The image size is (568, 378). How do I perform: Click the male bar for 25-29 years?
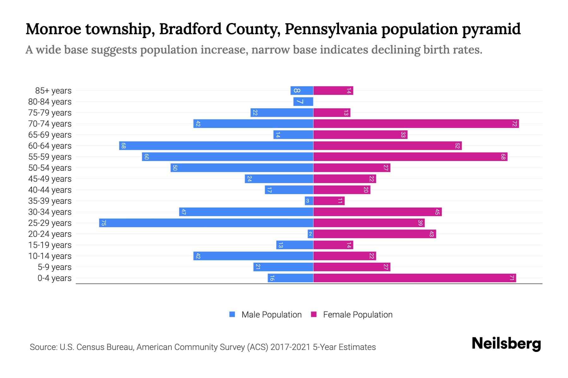[x=206, y=223]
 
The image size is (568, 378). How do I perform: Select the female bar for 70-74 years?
[x=416, y=124]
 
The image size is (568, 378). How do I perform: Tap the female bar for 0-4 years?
[x=414, y=278]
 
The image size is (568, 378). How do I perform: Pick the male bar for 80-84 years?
[x=303, y=102]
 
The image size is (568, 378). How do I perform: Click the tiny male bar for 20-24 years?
[x=311, y=234]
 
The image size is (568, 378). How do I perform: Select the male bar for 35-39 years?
[x=309, y=201]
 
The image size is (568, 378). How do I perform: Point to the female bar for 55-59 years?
[x=410, y=157]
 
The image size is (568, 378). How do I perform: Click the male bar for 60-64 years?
[x=216, y=146]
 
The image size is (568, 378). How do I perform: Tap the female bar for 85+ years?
[x=333, y=91]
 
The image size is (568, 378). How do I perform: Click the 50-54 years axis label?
[x=50, y=168]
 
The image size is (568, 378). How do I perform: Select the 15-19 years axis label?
[x=50, y=245]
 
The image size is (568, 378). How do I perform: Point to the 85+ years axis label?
[x=53, y=91]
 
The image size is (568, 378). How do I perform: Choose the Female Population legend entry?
[x=352, y=315]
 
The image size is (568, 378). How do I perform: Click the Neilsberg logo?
[x=506, y=344]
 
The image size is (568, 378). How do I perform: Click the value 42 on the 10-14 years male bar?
[x=198, y=256]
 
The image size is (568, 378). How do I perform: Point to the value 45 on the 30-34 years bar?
[x=437, y=212]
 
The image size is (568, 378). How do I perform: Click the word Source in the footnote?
[x=43, y=347]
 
